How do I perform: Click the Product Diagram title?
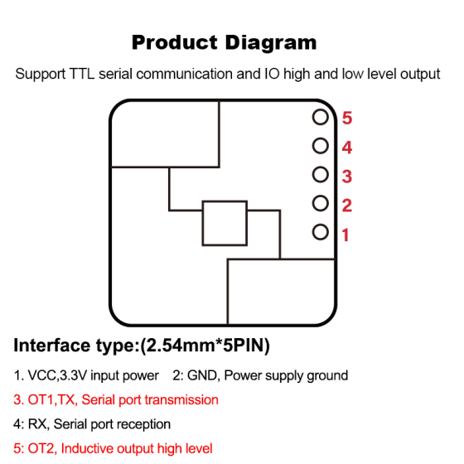(x=224, y=42)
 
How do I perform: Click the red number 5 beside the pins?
(x=347, y=118)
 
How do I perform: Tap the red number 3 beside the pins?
(x=347, y=176)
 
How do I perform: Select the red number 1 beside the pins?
(x=346, y=235)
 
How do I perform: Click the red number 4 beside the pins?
(x=347, y=147)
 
